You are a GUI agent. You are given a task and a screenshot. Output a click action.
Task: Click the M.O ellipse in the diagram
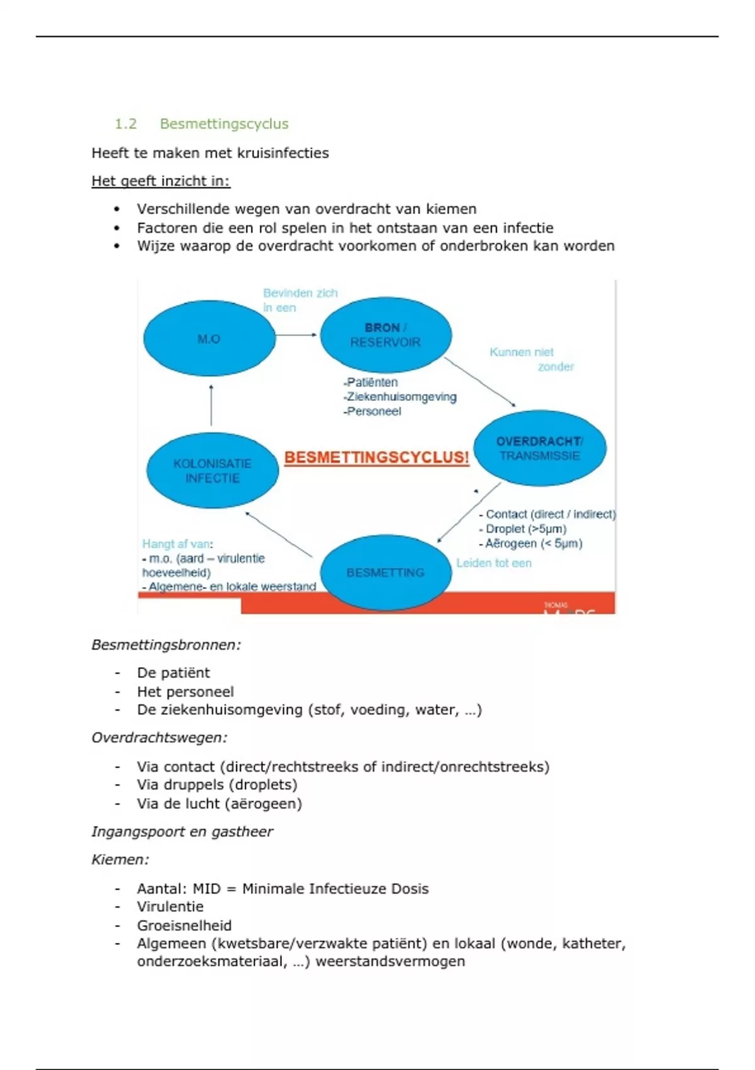coord(209,339)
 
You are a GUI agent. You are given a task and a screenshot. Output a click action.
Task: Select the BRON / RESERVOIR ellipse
coord(386,335)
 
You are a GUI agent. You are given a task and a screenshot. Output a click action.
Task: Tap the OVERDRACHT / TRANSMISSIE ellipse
coord(540,448)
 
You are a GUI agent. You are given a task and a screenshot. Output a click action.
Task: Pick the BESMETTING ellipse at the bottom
coord(386,572)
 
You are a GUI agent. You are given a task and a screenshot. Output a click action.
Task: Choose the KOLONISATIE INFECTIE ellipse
coord(213,471)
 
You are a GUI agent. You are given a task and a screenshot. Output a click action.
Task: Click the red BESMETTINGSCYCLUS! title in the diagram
coord(376,458)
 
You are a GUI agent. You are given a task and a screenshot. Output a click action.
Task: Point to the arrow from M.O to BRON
coord(296,335)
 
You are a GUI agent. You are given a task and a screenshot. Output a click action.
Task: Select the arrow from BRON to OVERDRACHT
coord(480,382)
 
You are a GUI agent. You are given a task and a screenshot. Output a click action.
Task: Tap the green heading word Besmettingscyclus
coord(224,124)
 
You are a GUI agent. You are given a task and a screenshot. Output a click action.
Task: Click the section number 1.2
coord(125,124)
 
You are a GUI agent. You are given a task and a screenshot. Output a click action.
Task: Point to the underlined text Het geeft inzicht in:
coord(160,181)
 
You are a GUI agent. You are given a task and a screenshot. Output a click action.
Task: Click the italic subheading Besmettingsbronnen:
coord(166,645)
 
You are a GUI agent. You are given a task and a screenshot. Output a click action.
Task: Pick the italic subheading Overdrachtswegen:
coord(159,738)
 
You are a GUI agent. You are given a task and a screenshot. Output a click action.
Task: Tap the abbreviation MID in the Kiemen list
coord(206,889)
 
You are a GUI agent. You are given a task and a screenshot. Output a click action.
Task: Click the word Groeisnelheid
coord(184,925)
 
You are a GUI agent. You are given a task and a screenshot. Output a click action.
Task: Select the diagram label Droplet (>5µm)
coord(526,529)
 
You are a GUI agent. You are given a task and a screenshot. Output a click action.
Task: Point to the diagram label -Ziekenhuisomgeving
coord(400,397)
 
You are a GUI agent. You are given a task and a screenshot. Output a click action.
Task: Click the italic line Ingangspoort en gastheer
coord(182,831)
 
